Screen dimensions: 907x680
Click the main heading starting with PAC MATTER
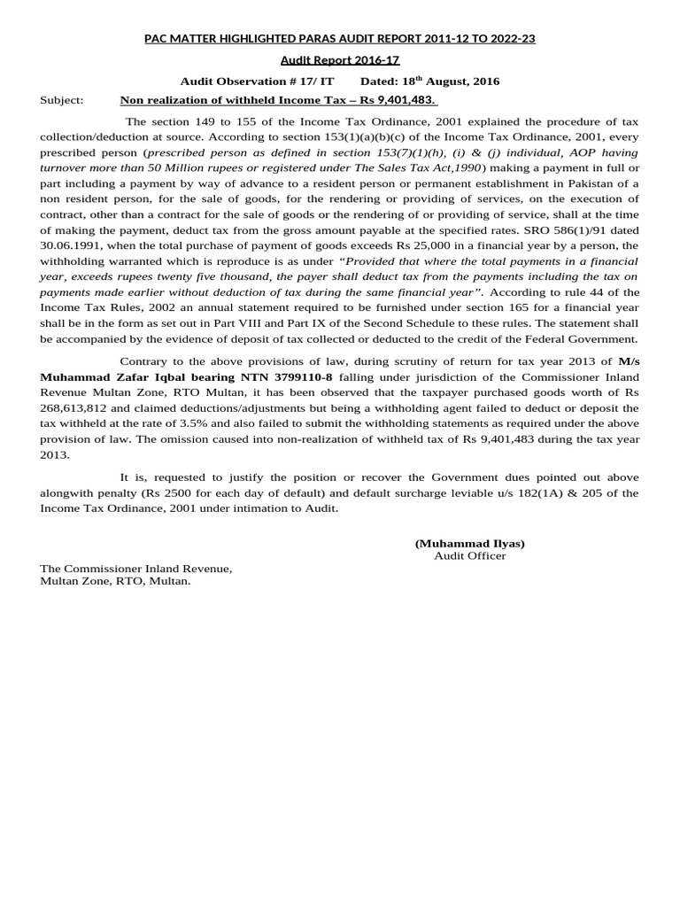click(340, 39)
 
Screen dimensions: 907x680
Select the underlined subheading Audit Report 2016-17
click(340, 60)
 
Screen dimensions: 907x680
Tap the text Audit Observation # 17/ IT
click(257, 81)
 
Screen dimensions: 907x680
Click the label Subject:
click(62, 100)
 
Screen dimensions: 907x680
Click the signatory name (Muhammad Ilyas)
click(469, 543)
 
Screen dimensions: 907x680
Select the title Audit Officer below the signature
click(469, 555)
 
